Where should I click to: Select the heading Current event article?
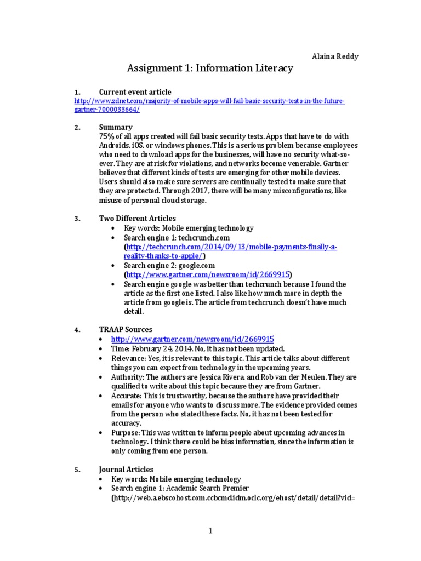pos(135,92)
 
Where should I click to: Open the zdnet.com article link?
pos(209,101)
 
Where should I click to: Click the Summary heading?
pos(115,128)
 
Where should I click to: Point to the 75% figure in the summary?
pos(106,136)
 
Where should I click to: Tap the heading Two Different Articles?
pos(137,219)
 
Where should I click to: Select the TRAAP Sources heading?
pos(126,330)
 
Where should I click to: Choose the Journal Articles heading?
pos(126,470)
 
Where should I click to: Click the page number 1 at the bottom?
pos(210,531)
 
